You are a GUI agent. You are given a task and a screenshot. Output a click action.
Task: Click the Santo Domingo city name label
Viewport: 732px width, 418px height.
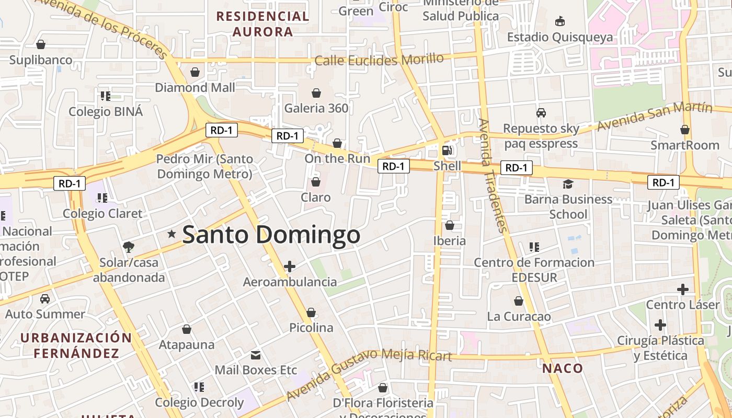click(271, 235)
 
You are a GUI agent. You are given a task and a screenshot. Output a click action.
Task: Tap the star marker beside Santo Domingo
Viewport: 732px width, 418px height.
click(171, 234)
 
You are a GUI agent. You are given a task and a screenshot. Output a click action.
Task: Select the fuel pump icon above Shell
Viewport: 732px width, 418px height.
click(447, 150)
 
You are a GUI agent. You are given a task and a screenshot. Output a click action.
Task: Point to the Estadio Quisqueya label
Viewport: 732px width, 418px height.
click(559, 37)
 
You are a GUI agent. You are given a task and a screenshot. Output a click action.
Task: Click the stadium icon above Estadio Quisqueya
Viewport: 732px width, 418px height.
click(560, 21)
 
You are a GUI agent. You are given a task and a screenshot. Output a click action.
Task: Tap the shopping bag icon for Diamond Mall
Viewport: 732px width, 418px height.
click(195, 72)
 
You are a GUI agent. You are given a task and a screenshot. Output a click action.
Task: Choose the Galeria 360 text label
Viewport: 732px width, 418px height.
click(316, 108)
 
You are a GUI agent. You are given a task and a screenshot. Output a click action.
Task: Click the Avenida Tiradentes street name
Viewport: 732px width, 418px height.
click(492, 176)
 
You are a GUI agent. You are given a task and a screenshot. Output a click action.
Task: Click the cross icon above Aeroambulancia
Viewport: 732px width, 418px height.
click(289, 266)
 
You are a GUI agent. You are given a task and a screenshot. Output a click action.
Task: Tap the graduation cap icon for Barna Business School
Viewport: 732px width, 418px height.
click(568, 184)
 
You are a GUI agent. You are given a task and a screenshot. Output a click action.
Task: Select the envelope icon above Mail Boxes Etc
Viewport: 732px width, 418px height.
click(256, 355)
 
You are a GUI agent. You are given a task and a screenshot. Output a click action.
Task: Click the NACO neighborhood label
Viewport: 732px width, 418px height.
click(562, 368)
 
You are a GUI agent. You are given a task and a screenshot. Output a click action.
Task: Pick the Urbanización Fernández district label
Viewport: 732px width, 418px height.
click(76, 345)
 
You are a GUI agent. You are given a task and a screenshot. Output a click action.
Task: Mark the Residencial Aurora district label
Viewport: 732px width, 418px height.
click(262, 24)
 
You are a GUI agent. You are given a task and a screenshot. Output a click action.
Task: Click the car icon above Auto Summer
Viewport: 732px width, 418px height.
click(45, 299)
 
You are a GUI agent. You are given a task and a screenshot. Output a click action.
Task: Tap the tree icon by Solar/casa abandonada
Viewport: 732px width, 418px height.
click(128, 246)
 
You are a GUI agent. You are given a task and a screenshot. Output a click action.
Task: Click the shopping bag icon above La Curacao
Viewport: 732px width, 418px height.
click(519, 301)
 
